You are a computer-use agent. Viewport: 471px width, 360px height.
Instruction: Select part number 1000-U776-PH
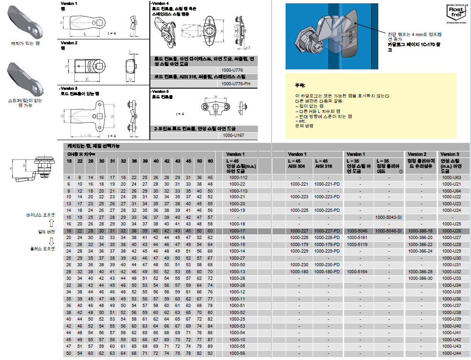point(232,83)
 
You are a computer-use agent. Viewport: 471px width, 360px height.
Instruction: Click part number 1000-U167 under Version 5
point(233,135)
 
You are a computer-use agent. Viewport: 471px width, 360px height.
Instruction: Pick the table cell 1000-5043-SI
point(388,217)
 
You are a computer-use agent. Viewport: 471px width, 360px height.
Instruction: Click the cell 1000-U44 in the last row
point(450,353)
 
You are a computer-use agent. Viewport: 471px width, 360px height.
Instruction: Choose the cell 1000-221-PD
point(327,184)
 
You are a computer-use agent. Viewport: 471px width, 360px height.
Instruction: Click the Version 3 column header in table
point(449,154)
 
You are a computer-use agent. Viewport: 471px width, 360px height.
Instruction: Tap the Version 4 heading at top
point(160,3)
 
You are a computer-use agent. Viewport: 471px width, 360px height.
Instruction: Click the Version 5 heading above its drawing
point(160,91)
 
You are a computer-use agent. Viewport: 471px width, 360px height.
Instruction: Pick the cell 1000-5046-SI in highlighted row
point(388,231)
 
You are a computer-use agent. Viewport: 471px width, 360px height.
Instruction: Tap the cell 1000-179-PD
point(327,245)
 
